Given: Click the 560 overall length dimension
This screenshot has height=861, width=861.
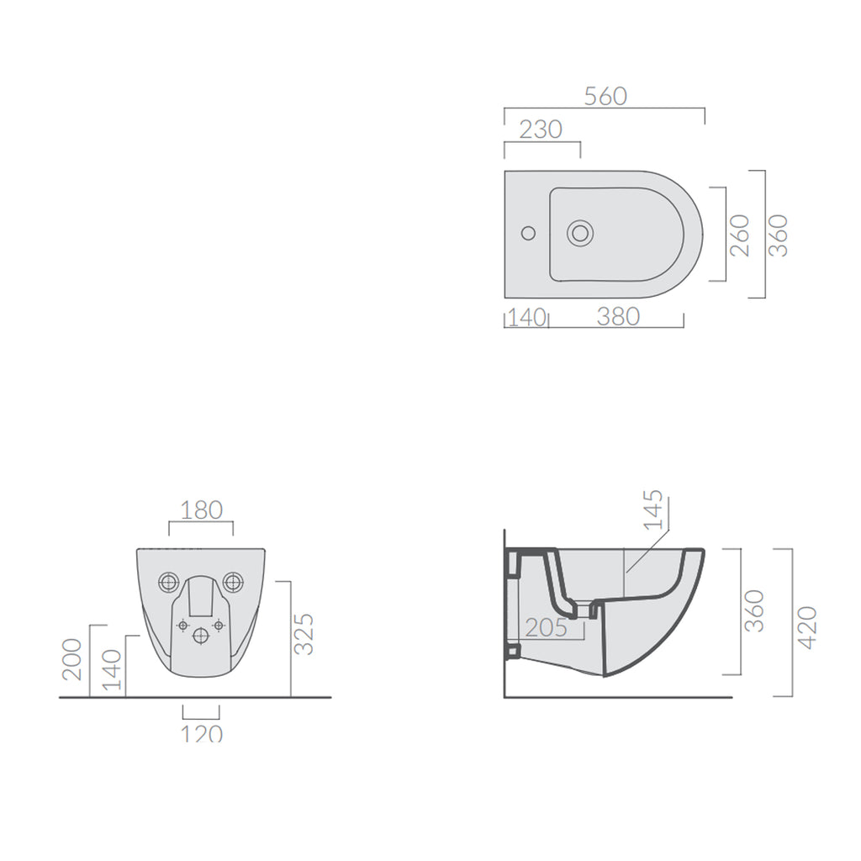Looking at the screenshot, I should pos(605,97).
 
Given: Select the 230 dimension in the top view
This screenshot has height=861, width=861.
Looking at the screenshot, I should pos(541,129).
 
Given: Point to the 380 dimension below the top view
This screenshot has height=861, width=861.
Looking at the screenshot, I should pos(618,317).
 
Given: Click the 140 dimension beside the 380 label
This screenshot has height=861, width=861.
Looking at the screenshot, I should pos(527,317).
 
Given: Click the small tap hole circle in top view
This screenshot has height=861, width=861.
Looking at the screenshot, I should pos(527,231).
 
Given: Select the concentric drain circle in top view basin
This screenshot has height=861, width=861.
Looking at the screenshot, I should pos(579,232).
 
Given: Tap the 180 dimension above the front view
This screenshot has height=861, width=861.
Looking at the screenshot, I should pos(202,510).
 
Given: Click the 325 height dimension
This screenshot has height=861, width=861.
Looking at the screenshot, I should pos(304,634).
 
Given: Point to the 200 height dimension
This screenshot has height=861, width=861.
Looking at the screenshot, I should pos(72,659).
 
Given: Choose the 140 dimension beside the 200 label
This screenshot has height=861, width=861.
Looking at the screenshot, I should pos(112,669).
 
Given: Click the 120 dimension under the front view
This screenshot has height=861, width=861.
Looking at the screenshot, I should pos(202,733).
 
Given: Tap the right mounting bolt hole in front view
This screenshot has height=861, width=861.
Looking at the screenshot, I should pos(232,581).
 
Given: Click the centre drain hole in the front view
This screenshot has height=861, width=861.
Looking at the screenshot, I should pos(200,636).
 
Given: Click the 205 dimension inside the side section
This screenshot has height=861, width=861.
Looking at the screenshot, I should pos(547,627).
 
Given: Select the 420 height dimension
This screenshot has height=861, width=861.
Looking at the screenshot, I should pos(807,626).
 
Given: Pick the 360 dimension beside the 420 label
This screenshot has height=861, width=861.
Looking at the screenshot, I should pos(754,611).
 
